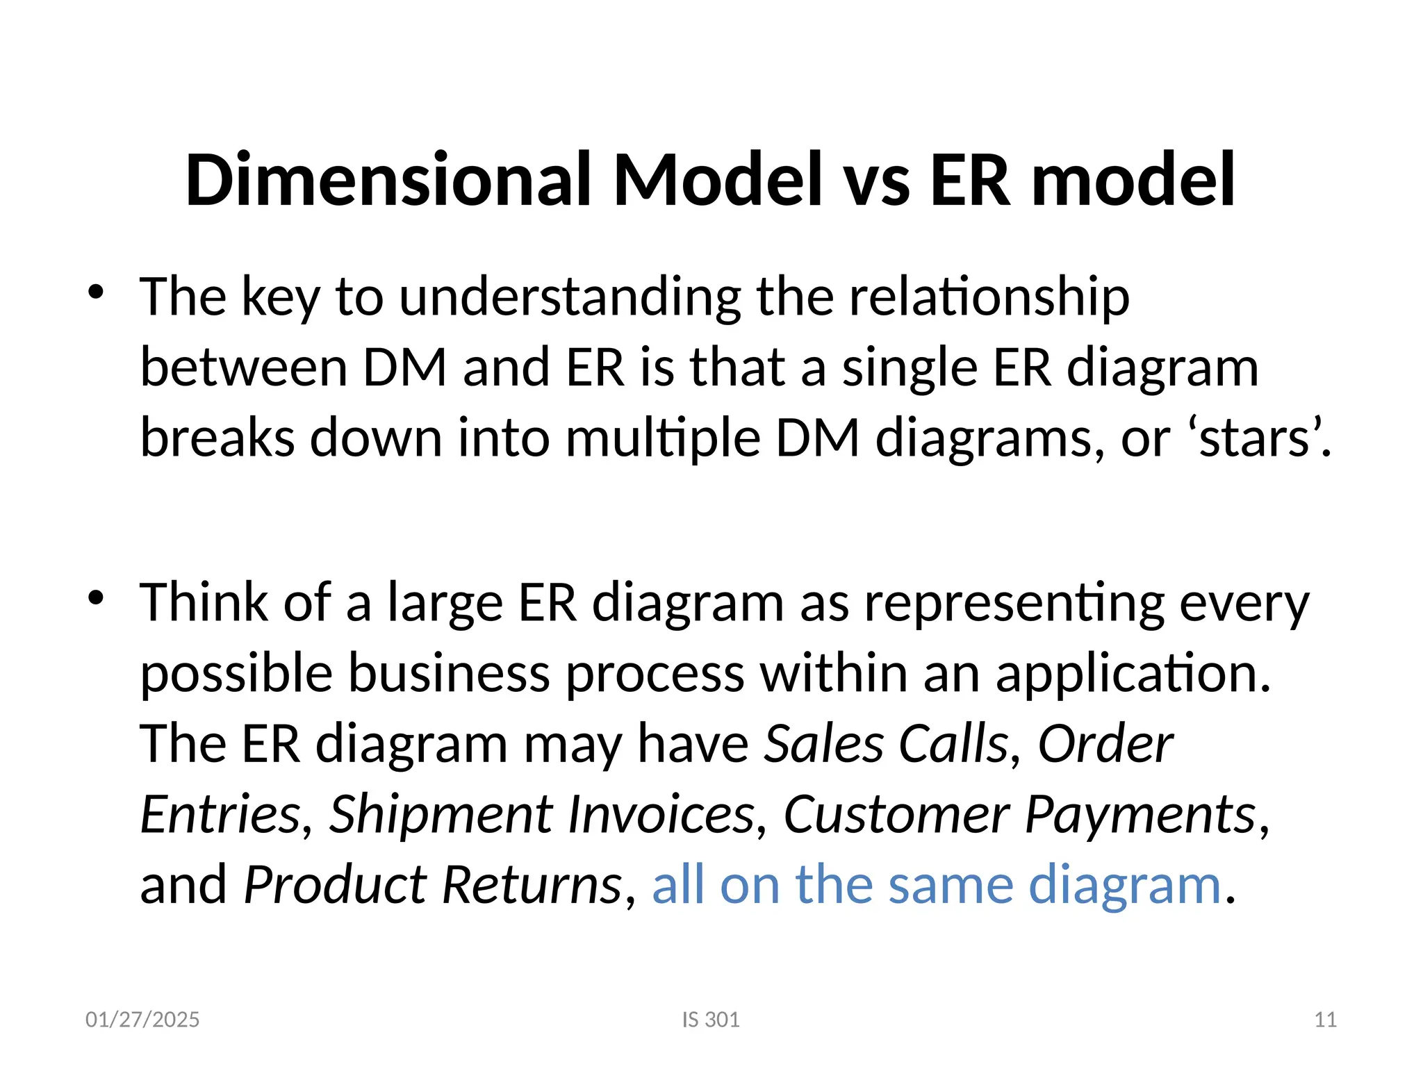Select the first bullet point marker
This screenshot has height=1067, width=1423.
(96, 292)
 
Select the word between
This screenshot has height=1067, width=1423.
(243, 368)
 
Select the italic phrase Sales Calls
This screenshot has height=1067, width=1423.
(886, 744)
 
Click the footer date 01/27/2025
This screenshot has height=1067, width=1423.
(142, 1020)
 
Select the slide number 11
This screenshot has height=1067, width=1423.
(1326, 1020)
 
